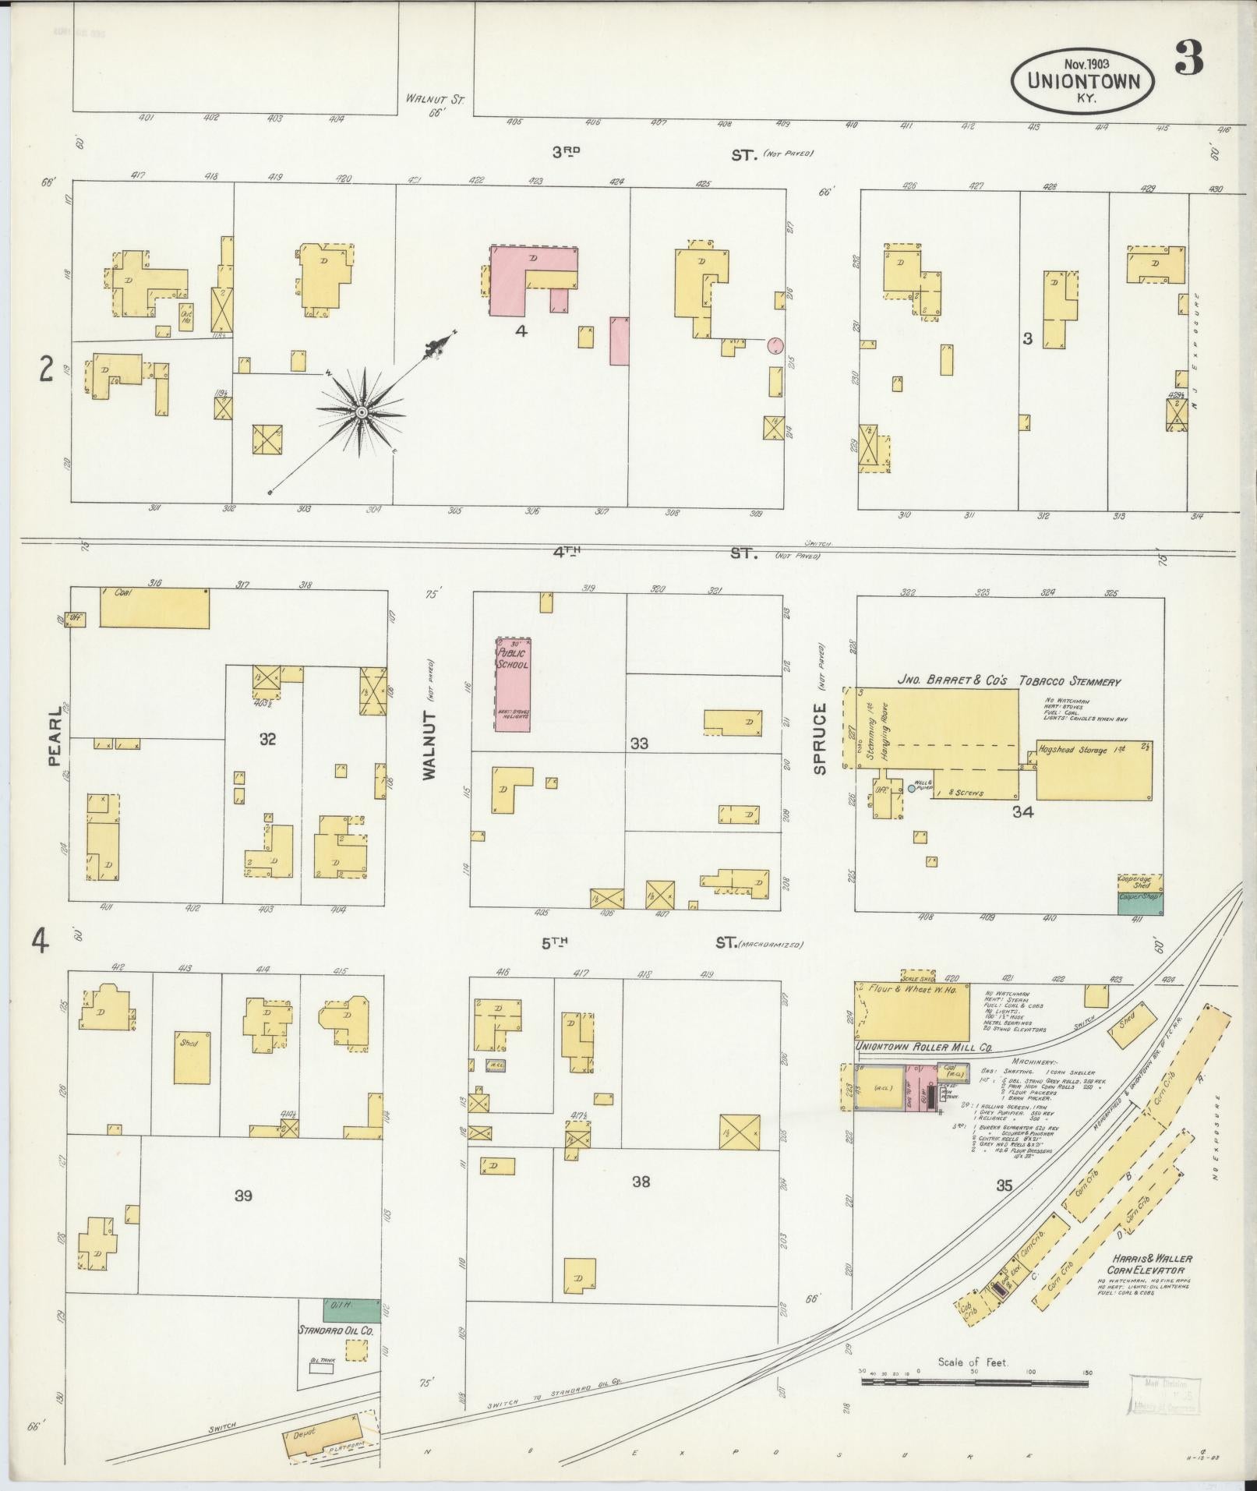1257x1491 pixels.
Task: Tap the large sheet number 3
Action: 1189,58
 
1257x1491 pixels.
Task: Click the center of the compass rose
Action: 362,412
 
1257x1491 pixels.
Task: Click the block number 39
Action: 244,1195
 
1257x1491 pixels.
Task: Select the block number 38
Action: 641,1182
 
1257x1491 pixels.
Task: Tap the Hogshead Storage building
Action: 1093,770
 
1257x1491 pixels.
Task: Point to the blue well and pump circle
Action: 911,789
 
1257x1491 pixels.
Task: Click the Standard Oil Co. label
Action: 336,1330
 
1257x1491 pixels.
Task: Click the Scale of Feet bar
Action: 974,1382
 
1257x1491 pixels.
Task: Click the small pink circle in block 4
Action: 775,344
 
